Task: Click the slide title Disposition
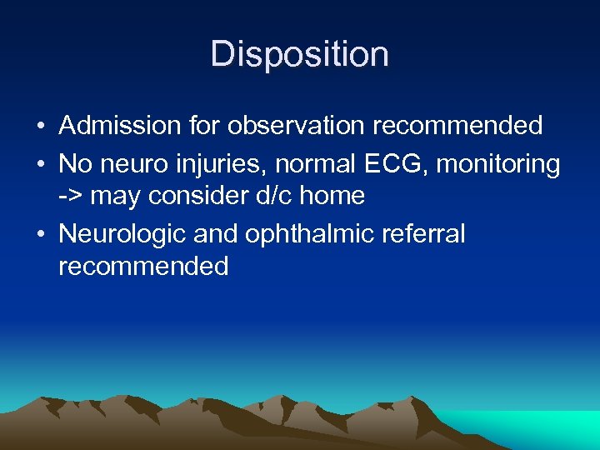299,55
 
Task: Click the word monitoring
497,164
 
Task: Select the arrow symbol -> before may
71,197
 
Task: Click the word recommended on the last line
143,267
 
